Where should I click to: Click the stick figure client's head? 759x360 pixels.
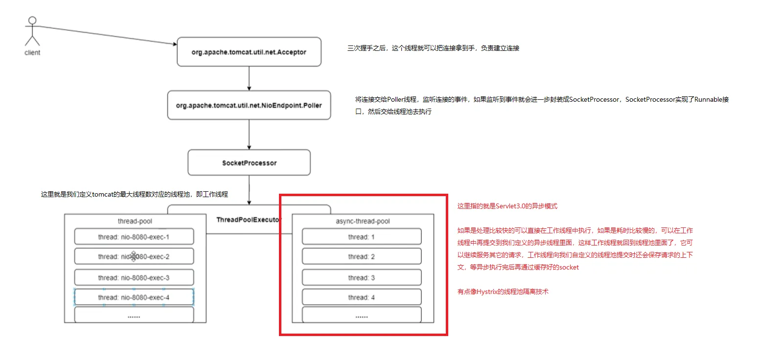point(32,21)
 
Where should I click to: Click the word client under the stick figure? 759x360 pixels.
point(32,52)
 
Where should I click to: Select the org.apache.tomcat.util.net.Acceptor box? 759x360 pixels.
point(249,52)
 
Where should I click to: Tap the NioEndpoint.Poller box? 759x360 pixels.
point(249,105)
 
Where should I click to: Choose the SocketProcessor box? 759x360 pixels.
point(249,162)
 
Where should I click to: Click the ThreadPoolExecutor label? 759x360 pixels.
point(249,220)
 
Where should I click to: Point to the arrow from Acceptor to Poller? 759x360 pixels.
point(249,78)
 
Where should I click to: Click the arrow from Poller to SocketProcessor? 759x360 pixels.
point(249,135)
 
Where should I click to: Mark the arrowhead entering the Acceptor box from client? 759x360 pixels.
point(175,44)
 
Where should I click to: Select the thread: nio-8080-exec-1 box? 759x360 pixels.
point(134,236)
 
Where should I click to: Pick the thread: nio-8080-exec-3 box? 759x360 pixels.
point(134,277)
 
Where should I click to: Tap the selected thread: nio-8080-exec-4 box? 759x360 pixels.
point(134,297)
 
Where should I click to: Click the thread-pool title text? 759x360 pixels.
point(135,221)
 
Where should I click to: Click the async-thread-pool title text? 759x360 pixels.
point(363,221)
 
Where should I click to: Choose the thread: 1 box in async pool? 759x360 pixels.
point(362,236)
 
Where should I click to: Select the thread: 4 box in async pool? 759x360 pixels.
point(362,297)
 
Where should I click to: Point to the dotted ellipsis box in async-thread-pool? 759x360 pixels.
point(362,315)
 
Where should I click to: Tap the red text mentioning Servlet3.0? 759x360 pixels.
point(507,206)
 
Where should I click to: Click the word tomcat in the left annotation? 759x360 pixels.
point(102,194)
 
